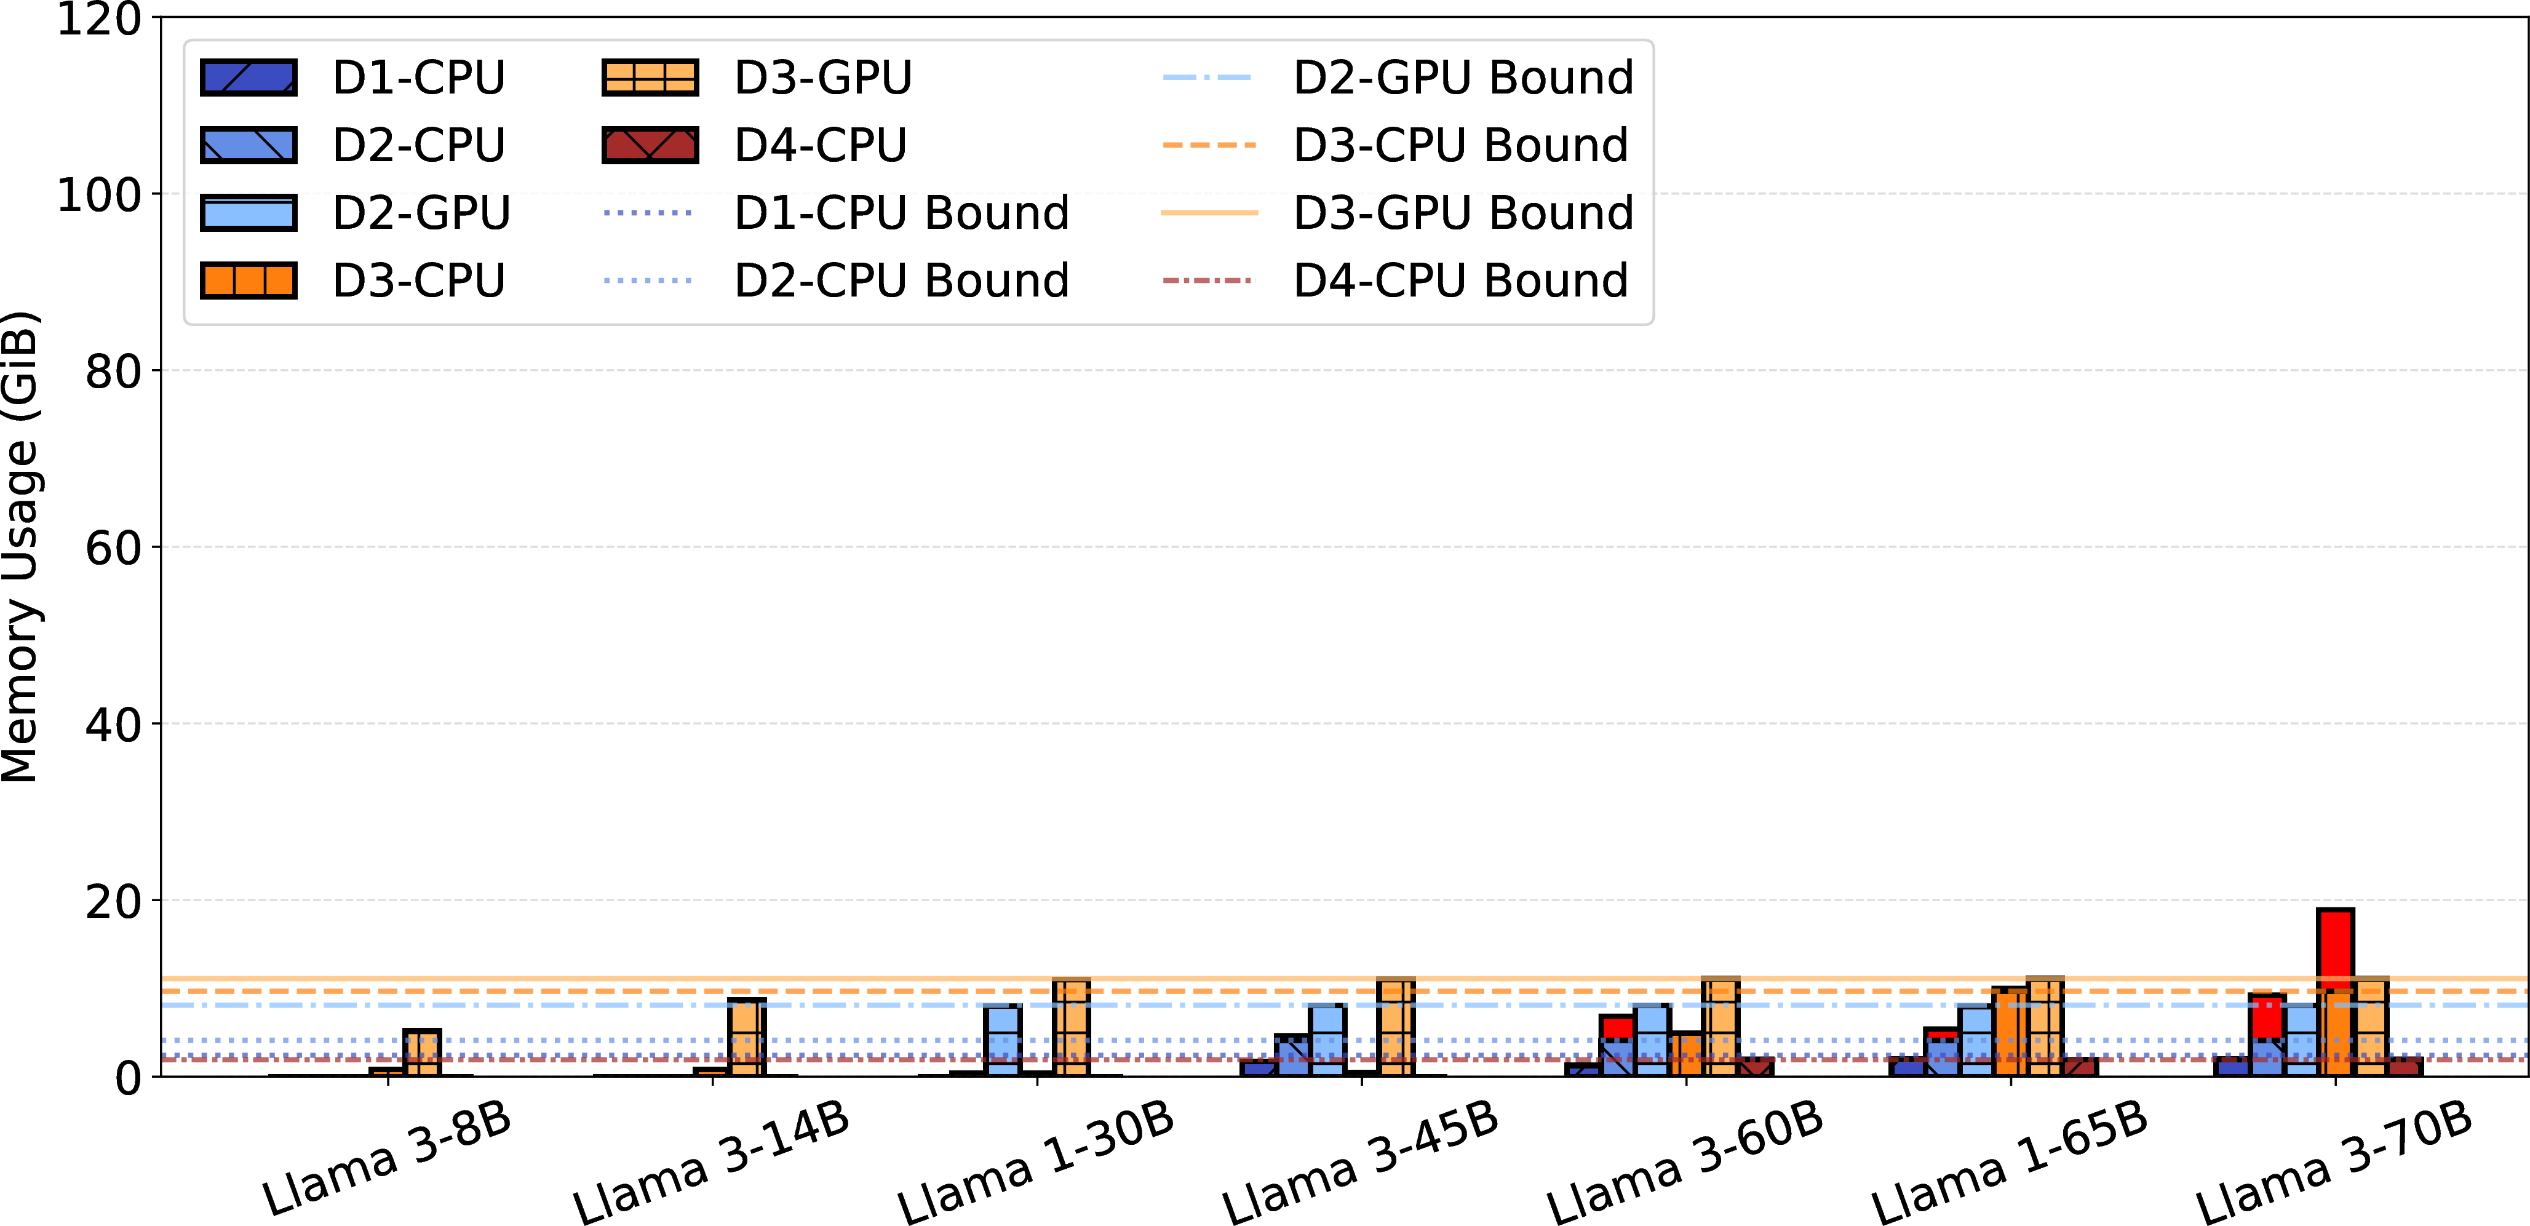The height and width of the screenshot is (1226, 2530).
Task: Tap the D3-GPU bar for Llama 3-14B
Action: (x=746, y=1037)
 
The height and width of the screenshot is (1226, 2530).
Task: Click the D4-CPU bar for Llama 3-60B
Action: (x=1755, y=1067)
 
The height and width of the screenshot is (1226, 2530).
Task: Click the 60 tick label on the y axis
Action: (x=114, y=548)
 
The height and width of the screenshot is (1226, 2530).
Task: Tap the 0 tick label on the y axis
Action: (x=129, y=1078)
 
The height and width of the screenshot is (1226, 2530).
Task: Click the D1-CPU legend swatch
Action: (x=249, y=78)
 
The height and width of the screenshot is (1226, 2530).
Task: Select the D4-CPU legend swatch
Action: (x=650, y=145)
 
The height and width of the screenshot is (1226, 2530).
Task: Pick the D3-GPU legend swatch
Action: (x=650, y=78)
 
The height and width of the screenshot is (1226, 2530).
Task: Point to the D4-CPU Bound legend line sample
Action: (x=1209, y=281)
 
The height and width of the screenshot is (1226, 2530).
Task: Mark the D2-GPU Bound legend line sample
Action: (x=1209, y=78)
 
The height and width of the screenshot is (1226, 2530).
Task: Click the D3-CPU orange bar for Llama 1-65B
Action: (x=2010, y=1032)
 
